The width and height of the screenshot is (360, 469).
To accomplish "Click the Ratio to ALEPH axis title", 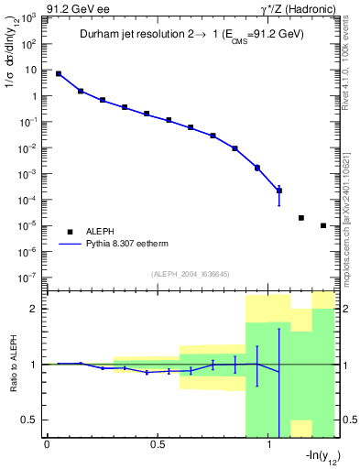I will tap(13, 364).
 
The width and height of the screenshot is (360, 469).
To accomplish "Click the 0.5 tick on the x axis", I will tap(158, 445).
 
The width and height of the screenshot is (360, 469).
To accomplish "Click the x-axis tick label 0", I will tap(47, 445).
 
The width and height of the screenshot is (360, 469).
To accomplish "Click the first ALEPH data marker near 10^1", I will tap(59, 73).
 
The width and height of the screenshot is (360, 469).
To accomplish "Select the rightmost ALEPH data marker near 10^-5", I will tap(323, 225).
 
